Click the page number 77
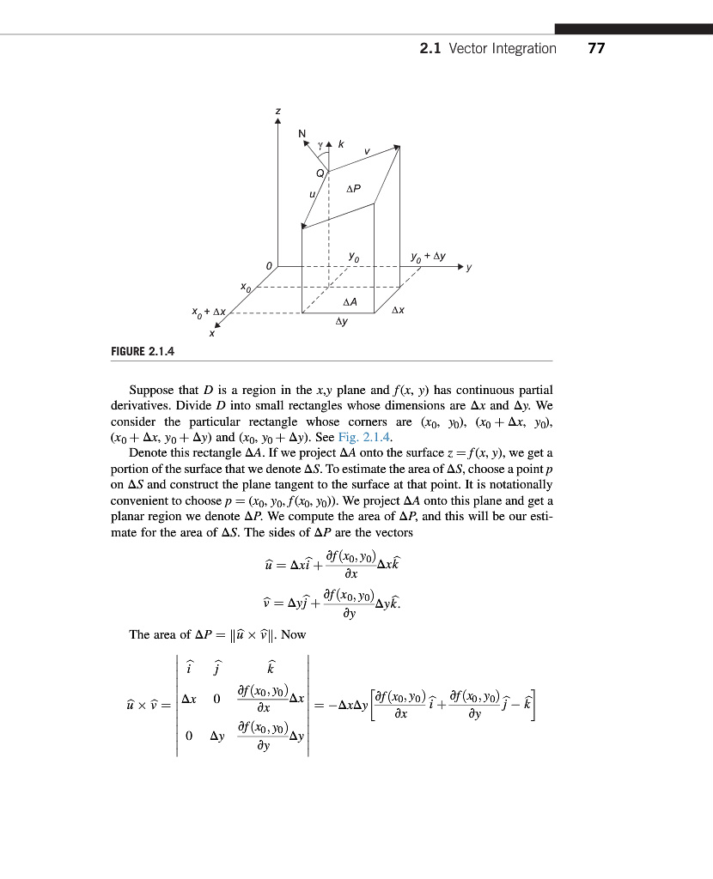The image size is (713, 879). [596, 48]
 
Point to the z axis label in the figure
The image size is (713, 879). [277, 111]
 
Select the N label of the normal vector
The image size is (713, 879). [302, 132]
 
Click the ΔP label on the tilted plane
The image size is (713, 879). [353, 188]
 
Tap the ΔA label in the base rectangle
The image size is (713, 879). [350, 301]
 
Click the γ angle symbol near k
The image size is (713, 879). [320, 145]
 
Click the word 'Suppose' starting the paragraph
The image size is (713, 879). [152, 390]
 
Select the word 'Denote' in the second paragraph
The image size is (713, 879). [149, 452]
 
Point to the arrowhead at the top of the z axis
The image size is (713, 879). [277, 122]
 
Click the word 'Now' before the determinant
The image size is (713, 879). [294, 634]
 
